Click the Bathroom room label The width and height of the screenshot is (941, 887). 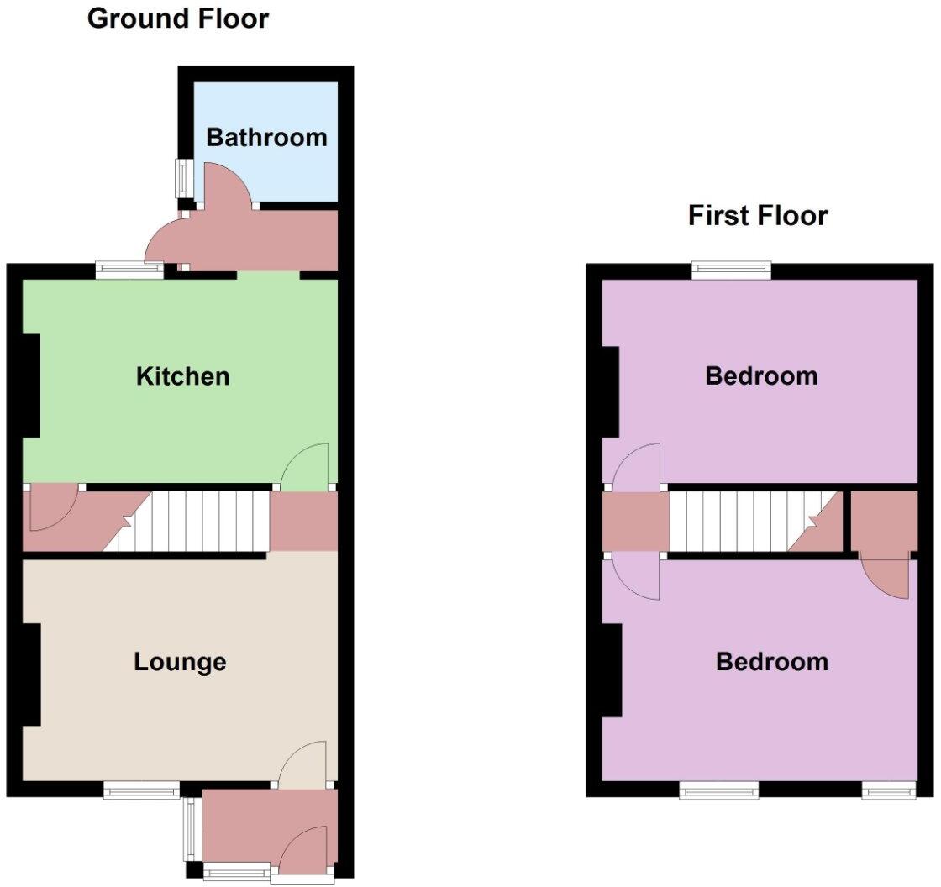(266, 137)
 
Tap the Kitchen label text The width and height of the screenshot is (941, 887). (182, 375)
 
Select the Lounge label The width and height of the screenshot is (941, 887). (180, 662)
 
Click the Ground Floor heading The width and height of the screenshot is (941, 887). (178, 18)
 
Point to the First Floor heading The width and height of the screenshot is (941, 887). (758, 215)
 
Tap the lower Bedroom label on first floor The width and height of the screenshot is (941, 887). (771, 662)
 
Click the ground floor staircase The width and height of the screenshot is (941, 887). (202, 521)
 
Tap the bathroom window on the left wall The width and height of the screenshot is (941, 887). (181, 177)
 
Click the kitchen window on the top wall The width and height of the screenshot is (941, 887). (129, 270)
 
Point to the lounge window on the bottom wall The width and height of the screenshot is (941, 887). (141, 790)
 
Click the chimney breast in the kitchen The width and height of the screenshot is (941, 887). (30, 386)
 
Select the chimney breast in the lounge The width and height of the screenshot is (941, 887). (30, 674)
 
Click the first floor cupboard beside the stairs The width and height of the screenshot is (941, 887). (884, 521)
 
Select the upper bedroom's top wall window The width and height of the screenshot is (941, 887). (731, 270)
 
